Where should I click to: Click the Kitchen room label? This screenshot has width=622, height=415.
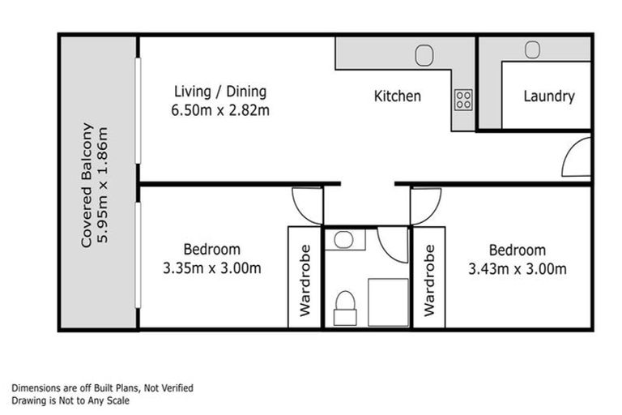click(x=397, y=96)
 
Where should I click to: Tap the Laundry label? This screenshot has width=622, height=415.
click(x=548, y=96)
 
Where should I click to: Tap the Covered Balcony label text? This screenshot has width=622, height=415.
click(x=87, y=185)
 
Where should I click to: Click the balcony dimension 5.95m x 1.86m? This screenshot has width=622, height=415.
click(x=104, y=185)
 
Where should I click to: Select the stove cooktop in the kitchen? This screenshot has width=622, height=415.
click(x=463, y=100)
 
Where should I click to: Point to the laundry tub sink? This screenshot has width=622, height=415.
click(x=532, y=50)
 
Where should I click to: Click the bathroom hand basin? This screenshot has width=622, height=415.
click(x=343, y=239)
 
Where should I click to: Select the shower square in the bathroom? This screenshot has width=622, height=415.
click(x=389, y=302)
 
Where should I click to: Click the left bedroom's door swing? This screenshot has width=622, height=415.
click(x=307, y=205)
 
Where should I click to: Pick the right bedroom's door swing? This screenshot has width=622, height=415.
click(x=424, y=205)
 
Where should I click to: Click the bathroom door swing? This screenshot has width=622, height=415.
click(x=393, y=244)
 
